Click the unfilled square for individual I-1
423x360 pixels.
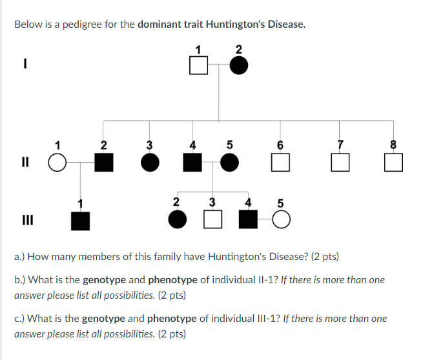[199, 65]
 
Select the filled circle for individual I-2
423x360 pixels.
[239, 65]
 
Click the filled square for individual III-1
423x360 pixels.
[80, 221]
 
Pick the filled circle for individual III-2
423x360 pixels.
[176, 221]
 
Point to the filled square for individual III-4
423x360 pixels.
[248, 221]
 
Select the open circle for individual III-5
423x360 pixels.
[281, 221]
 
